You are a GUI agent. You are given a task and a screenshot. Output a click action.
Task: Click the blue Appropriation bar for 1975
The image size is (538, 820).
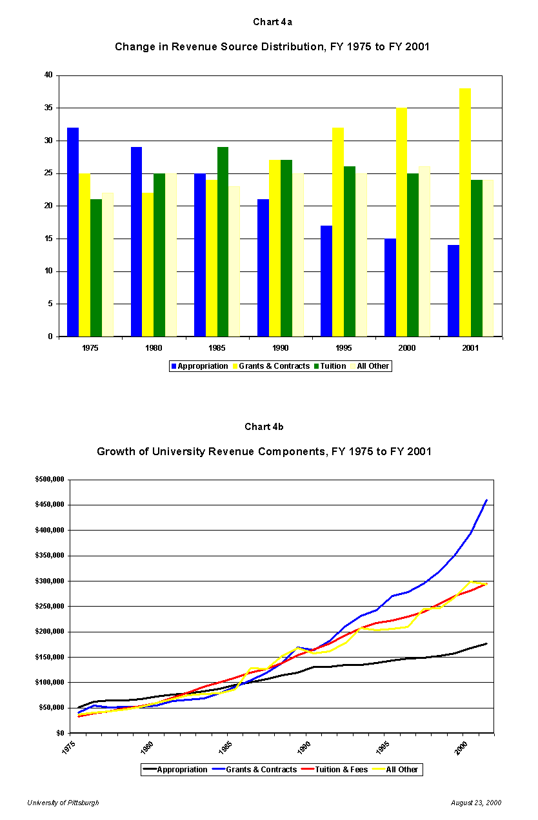(73, 232)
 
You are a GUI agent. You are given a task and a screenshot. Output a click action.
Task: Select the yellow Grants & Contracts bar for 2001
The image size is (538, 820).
(464, 212)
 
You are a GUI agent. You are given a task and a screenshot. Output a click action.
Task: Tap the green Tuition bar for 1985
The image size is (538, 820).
(223, 242)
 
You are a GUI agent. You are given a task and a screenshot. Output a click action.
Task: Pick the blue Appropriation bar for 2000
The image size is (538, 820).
(390, 288)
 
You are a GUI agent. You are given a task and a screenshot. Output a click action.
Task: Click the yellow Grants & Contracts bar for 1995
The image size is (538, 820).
(337, 232)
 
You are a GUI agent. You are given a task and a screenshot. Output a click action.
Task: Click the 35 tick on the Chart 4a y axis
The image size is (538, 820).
(48, 108)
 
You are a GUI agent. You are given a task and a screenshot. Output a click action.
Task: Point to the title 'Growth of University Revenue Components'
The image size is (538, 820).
(264, 451)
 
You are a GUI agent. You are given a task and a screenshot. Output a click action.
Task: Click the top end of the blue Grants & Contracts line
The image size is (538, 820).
(486, 500)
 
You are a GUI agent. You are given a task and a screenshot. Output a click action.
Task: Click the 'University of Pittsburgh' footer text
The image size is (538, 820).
(63, 803)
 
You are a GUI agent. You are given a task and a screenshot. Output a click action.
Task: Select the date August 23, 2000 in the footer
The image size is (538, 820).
(476, 803)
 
